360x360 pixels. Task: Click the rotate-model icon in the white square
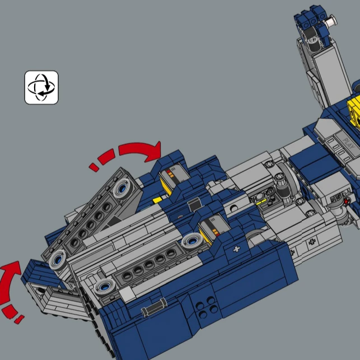point(41,87)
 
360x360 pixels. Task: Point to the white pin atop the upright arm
point(332,22)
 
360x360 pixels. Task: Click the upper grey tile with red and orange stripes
point(170,178)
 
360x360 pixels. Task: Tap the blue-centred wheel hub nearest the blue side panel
point(105,287)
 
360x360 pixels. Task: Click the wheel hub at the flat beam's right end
point(191,241)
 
